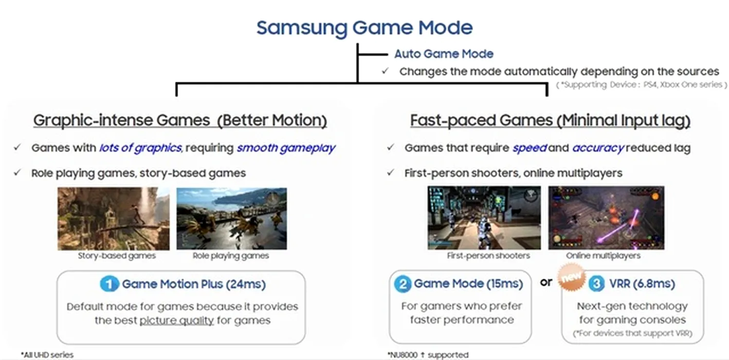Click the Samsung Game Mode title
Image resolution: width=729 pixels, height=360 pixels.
[364, 28]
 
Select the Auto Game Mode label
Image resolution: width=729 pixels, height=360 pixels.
[444, 53]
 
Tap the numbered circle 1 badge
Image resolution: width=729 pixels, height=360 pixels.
[110, 284]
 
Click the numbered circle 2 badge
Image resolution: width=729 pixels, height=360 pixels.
[403, 283]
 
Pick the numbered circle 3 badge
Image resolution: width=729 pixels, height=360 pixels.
[596, 283]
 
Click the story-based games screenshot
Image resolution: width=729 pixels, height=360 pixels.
[114, 219]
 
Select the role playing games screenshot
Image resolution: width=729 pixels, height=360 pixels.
[232, 219]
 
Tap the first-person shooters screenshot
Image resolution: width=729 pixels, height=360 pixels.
[484, 218]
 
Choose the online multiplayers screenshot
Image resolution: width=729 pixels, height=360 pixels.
[606, 218]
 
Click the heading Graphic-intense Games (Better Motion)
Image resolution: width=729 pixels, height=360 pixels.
[180, 120]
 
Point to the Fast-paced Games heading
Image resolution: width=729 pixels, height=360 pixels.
[550, 120]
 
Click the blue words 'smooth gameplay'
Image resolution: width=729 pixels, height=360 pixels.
[286, 148]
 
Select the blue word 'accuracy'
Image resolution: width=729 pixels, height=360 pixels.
[598, 148]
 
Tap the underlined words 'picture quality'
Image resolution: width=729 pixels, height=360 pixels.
[177, 320]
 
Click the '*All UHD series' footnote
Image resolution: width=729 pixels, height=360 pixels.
[47, 354]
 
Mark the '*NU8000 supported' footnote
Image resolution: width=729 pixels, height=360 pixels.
[428, 354]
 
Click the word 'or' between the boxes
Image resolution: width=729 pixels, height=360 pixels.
[546, 282]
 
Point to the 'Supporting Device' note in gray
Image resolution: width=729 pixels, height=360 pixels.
[641, 85]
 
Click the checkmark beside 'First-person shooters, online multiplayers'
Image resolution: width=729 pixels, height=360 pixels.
[391, 172]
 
